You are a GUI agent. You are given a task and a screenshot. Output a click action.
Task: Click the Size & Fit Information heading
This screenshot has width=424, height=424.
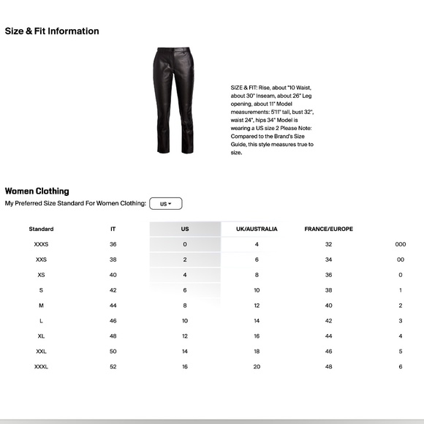52,31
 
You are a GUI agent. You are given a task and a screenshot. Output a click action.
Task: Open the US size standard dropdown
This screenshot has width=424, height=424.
165,203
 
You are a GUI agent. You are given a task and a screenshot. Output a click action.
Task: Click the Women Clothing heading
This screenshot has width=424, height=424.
37,191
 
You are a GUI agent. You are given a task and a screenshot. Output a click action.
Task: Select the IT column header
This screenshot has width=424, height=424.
113,229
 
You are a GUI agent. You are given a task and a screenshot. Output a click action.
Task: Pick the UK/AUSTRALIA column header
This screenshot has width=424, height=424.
257,229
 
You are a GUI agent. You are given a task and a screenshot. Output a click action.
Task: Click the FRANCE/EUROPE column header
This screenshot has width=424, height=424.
328,229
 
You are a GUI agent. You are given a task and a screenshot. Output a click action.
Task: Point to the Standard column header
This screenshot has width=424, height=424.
41,229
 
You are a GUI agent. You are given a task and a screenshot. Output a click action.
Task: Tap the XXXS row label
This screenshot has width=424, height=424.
41,244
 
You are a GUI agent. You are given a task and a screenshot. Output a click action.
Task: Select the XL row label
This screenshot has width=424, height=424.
41,336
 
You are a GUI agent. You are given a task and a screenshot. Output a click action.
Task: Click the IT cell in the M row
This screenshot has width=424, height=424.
113,306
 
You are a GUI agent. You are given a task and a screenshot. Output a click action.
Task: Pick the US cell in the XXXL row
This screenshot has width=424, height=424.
185,366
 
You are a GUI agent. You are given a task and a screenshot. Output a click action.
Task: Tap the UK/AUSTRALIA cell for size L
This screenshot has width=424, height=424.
257,320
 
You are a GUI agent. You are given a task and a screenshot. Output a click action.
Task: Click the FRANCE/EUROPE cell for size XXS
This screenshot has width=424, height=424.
328,260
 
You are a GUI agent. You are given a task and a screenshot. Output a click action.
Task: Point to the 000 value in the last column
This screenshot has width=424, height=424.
400,244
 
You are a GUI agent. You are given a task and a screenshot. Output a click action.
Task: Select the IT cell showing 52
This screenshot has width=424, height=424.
113,366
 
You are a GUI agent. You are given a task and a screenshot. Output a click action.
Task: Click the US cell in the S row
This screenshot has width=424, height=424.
185,290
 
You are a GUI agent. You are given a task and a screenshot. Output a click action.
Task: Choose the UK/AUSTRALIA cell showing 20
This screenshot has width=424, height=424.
257,366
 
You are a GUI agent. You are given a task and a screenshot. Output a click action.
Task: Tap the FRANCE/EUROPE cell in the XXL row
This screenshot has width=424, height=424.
328,351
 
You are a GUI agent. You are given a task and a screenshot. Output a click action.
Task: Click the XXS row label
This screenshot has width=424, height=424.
41,260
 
